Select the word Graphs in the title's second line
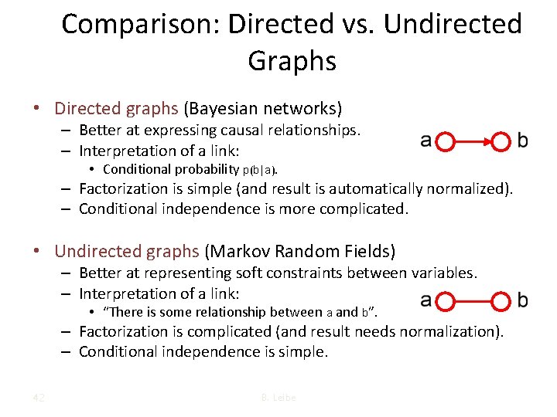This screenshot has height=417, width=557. (292, 60)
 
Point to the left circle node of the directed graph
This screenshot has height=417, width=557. (445, 142)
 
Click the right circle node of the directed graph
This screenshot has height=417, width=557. (503, 142)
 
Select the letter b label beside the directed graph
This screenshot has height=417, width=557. (523, 141)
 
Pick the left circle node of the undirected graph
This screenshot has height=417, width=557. (445, 300)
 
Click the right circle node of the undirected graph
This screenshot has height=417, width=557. (503, 300)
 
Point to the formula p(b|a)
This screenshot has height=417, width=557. (260, 170)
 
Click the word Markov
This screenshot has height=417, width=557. (235, 252)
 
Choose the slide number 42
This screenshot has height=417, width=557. (38, 398)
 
